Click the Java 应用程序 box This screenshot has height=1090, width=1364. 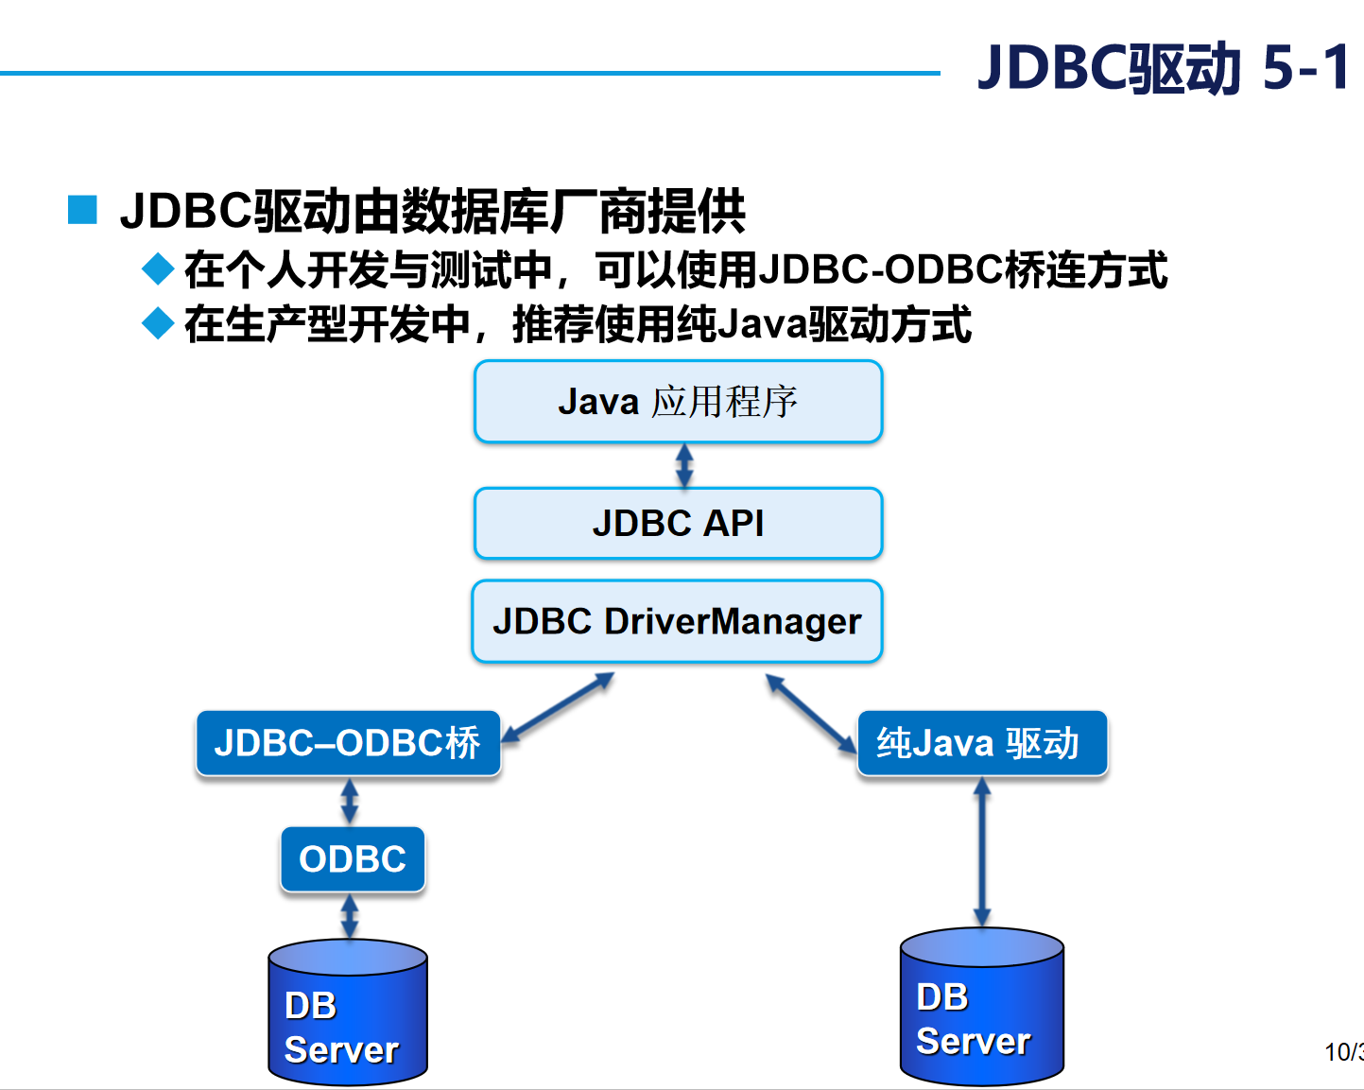(678, 402)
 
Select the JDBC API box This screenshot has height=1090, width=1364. (678, 523)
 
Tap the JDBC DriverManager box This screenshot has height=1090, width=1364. (677, 621)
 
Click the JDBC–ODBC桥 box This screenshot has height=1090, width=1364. (348, 743)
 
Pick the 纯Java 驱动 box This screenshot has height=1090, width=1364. (981, 743)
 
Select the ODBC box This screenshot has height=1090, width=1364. (353, 859)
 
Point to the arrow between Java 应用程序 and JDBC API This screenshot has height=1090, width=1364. (684, 465)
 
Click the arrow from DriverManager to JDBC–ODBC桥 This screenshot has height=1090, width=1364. (558, 707)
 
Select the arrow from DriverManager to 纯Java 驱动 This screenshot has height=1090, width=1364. (811, 714)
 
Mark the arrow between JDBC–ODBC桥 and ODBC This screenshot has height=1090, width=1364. (349, 801)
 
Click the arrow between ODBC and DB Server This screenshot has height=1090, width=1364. (349, 916)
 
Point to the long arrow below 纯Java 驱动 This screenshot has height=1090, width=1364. (982, 851)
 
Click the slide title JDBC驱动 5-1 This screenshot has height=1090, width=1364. (1163, 68)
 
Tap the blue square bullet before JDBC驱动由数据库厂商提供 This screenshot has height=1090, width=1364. (82, 210)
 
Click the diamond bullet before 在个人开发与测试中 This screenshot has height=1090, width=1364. (157, 269)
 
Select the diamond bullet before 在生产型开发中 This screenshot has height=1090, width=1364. (157, 324)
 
